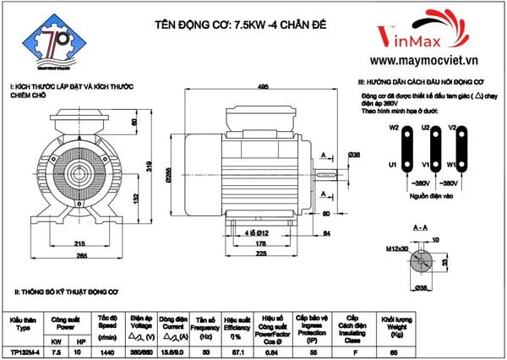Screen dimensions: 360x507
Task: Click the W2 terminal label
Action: [394, 128]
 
